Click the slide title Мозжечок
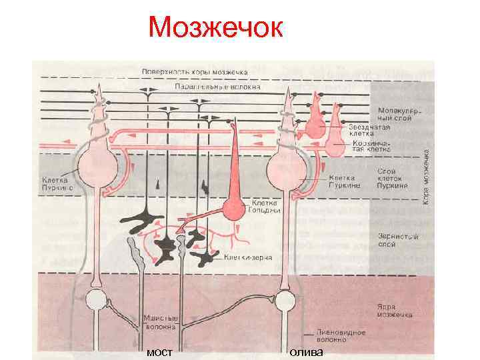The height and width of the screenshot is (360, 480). tap(216, 28)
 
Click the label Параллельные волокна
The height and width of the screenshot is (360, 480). tap(217, 87)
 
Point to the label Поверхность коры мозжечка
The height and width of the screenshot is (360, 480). tap(195, 71)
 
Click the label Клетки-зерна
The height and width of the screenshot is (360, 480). tap(247, 257)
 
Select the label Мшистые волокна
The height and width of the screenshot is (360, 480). tap(160, 323)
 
